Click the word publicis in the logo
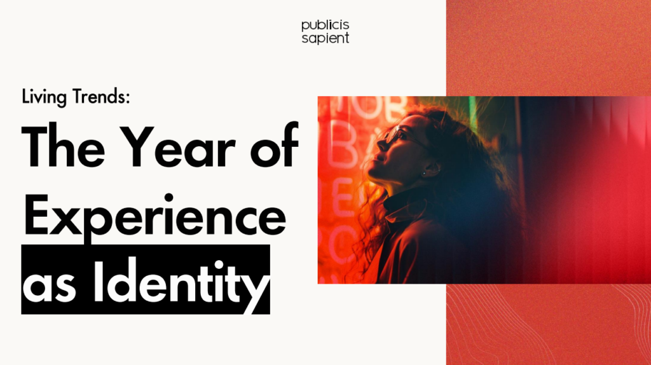tap(325, 25)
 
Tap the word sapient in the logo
tap(325, 38)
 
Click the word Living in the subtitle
tap(44, 97)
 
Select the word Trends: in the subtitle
tap(101, 96)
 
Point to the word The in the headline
tap(63, 146)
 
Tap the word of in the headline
tap(274, 144)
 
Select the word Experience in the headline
tap(155, 216)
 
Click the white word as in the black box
tap(50, 287)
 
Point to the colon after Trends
tap(127, 98)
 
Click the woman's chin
tap(374, 174)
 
